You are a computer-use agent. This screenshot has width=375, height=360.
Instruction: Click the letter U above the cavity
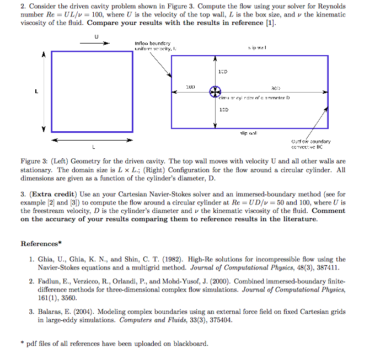pyautogui.click(x=97, y=36)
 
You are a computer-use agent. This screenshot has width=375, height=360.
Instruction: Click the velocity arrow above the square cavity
pyautogui.click(x=97, y=44)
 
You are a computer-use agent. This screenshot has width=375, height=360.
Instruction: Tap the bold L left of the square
pyautogui.click(x=36, y=92)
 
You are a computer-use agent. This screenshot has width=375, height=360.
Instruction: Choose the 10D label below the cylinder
pyautogui.click(x=223, y=110)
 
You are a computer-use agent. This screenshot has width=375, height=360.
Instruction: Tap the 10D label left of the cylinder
pyautogui.click(x=190, y=87)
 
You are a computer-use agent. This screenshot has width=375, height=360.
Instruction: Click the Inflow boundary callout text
pyautogui.click(x=153, y=45)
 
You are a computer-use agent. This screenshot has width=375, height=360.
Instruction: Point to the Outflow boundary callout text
pyautogui.click(x=312, y=144)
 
